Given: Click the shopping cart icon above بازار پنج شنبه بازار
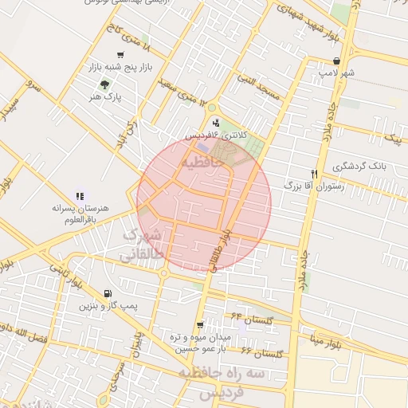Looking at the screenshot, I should click(120, 55).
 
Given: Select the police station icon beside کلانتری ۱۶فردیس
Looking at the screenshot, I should click(216, 123).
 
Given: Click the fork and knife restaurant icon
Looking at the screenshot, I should click(314, 173).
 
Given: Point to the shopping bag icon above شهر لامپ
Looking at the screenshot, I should click(339, 61).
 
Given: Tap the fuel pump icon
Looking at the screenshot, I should click(108, 293).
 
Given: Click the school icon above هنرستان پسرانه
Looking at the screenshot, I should click(79, 195).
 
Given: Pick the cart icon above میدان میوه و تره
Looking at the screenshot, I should click(199, 324).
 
